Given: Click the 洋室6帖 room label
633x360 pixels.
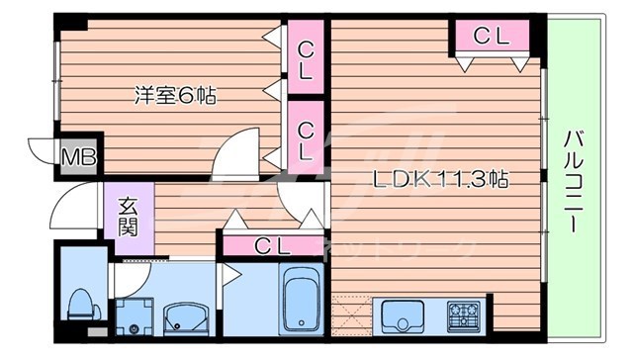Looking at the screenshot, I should tap(175, 96).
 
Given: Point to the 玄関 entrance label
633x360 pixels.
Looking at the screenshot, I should tap(129, 218).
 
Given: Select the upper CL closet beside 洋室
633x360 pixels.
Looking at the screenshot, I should tap(306, 58).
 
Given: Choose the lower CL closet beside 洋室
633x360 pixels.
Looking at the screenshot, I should tap(306, 139).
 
